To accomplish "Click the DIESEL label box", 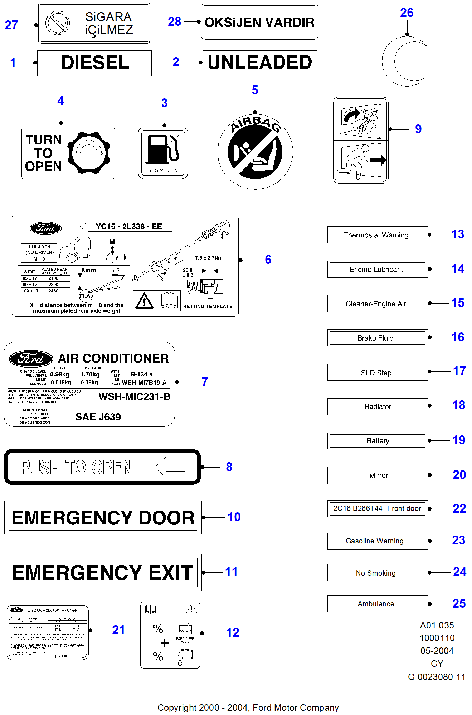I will (94, 63).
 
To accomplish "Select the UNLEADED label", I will (259, 63).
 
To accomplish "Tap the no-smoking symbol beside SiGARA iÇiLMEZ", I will (58, 23).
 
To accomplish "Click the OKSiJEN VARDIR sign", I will (259, 22).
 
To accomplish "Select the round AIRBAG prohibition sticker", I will (255, 152).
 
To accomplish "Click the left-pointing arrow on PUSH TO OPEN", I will (170, 467).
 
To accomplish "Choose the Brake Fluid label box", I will (377, 338).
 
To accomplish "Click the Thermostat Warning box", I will (377, 235).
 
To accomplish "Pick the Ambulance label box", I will (377, 603).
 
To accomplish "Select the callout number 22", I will (459, 508).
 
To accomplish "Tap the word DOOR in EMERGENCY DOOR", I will (166, 518).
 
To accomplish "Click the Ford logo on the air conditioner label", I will (31, 359).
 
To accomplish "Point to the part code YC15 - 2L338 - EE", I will (129, 226).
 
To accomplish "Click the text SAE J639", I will (98, 417).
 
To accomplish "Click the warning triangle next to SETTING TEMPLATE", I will (144, 301).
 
